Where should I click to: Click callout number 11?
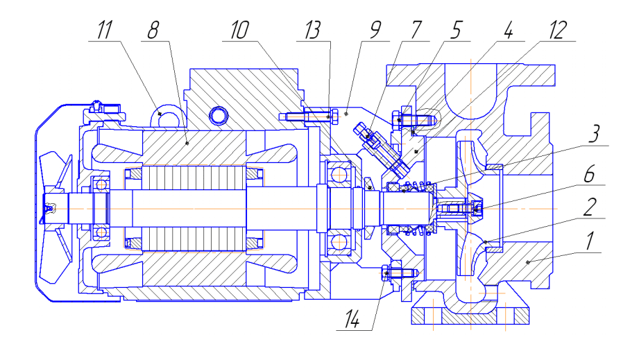105,30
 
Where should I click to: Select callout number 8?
153,30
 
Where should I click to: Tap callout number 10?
239,30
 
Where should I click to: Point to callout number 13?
313,30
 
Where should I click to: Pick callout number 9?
375,30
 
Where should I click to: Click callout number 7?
416,30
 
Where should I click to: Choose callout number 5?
456,30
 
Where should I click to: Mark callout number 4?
508,30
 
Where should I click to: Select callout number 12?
558,30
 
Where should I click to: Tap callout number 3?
595,134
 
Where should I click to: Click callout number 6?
589,174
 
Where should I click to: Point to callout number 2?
590,207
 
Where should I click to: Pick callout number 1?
590,241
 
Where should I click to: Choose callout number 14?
352,318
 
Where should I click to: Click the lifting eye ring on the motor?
167,115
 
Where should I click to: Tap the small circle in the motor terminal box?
219,116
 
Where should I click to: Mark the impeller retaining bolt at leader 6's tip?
477,209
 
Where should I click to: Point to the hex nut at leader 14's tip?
386,273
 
